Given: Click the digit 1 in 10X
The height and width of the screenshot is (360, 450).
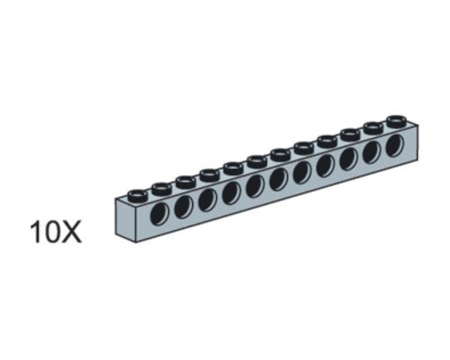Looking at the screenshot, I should (x=36, y=232).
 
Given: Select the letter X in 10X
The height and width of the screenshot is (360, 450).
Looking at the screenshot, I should (x=72, y=232).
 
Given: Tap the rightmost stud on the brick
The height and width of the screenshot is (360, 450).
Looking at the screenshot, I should (x=396, y=120).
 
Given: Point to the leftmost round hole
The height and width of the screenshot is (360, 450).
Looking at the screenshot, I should (x=160, y=214).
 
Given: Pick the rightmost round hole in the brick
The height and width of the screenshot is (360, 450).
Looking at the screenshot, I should (x=395, y=144).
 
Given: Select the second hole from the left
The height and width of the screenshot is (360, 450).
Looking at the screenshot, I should (x=184, y=207).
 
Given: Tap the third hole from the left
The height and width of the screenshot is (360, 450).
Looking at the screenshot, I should (x=207, y=200).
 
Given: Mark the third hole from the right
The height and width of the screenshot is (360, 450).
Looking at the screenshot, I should (x=348, y=158).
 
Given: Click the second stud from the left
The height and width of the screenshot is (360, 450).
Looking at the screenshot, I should (x=161, y=188).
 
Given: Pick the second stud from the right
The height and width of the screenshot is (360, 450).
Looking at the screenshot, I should (x=373, y=127).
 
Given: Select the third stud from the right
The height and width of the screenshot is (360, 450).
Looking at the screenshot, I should (x=350, y=134).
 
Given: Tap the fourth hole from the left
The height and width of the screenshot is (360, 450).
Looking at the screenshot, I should (x=231, y=193).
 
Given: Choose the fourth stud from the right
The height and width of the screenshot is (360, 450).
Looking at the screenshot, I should (x=326, y=140).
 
